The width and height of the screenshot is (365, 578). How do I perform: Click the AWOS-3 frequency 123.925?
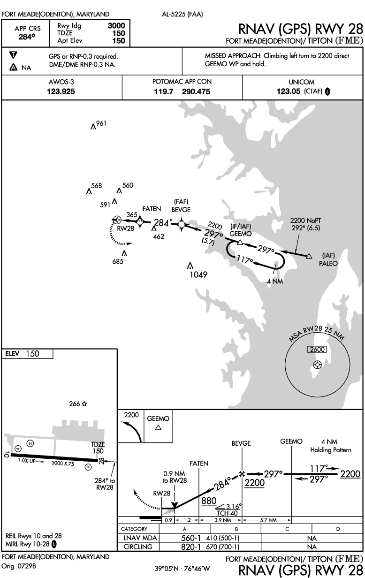[61, 91]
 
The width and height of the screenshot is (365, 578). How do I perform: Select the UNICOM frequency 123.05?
[289, 91]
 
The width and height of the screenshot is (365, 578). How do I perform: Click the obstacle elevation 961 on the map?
[101, 123]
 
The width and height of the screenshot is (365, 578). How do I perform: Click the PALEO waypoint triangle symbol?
[309, 256]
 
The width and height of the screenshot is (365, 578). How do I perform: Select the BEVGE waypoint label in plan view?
[181, 210]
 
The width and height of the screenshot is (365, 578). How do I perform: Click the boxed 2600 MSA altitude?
[317, 350]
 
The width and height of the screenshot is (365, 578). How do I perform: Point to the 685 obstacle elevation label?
[118, 262]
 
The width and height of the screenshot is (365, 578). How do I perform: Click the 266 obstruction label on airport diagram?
[75, 403]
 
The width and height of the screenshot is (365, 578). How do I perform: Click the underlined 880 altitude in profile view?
[209, 501]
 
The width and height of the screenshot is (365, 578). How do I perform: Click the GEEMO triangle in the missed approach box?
[158, 427]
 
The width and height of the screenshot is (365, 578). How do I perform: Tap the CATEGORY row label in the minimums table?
[134, 529]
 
